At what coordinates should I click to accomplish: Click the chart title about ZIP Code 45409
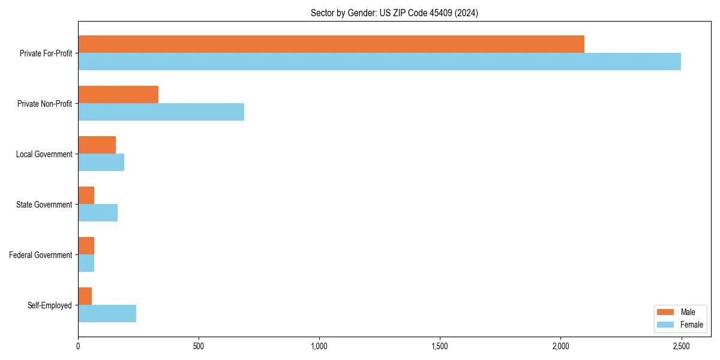[x=394, y=13]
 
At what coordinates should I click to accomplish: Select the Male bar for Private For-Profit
[x=331, y=44]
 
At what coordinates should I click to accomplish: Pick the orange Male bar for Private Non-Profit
[x=118, y=95]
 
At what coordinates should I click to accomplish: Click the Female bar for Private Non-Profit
[x=161, y=112]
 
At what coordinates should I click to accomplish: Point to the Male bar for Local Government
[x=97, y=145]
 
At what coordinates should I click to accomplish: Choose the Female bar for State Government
[x=98, y=213]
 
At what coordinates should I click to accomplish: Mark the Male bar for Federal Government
[x=86, y=246]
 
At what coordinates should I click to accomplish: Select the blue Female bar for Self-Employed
[x=107, y=314]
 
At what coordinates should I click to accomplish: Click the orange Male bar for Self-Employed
[x=85, y=296]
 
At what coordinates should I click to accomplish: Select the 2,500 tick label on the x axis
[x=681, y=346]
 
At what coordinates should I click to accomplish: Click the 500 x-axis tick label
[x=199, y=346]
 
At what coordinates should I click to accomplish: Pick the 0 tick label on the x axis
[x=78, y=346]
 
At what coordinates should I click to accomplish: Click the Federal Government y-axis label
[x=41, y=255]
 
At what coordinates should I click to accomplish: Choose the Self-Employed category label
[x=50, y=305]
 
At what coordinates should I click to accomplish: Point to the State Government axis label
[x=44, y=205]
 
